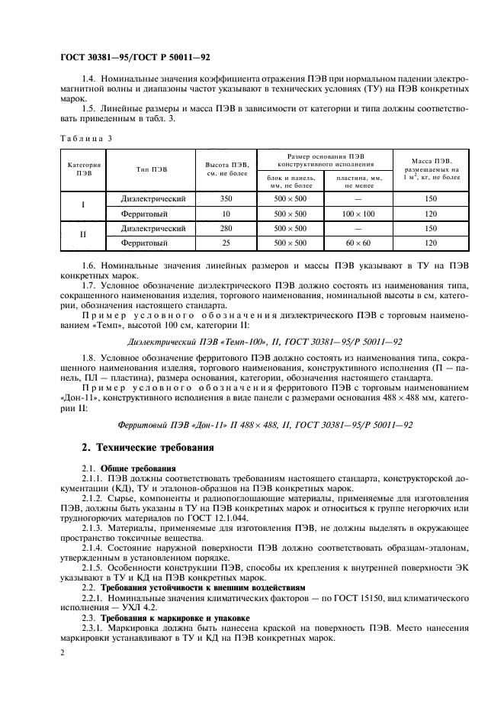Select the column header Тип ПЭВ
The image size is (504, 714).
pos(152,169)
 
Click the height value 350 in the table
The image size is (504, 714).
pos(226,198)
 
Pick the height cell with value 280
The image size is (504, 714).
pos(226,228)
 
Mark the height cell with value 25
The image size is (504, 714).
pos(226,243)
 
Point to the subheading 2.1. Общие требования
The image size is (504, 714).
pos(128,468)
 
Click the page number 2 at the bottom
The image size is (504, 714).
pos(63,653)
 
